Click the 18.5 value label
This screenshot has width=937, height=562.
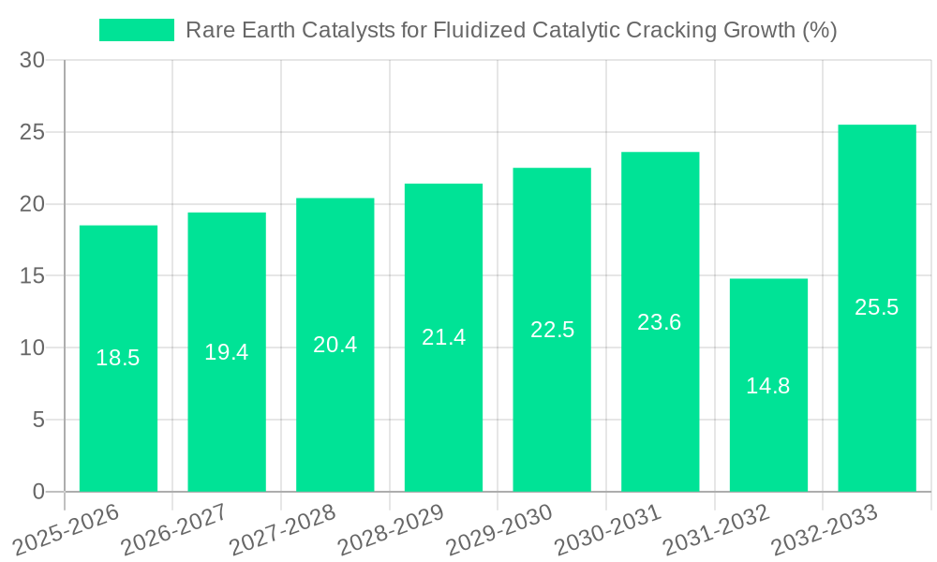[118, 358]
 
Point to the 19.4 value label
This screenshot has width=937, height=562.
[227, 352]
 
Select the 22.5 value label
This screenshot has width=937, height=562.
[552, 330]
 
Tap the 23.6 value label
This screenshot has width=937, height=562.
[660, 322]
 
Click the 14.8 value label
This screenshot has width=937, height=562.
[768, 385]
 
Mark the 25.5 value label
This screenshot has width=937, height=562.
[877, 307]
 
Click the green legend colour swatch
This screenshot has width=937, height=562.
[137, 30]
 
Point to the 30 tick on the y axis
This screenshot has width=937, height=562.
[32, 60]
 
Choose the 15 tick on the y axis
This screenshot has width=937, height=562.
[32, 276]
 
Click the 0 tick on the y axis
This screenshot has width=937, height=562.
[38, 492]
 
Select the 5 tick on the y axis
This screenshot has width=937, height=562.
[38, 420]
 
